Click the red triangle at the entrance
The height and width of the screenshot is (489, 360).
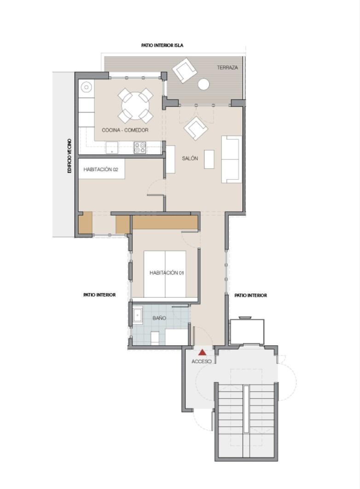pos(203,352)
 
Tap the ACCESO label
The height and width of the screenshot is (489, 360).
pos(202,362)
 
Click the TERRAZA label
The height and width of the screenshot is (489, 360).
pos(227,67)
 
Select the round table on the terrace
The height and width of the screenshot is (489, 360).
pos(204,84)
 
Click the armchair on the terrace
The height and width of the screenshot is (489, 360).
pos(185,71)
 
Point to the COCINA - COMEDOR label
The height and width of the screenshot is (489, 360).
pos(125,130)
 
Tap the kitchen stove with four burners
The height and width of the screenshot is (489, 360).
pos(140,148)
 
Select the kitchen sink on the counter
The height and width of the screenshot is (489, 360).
pos(111,148)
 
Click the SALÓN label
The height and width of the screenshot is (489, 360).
pos(190,158)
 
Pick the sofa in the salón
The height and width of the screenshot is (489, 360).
pos(232,159)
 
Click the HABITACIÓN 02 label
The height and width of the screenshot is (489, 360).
pos(101,169)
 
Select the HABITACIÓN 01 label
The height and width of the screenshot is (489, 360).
pos(167,273)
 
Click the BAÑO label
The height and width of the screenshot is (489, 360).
pos(159,318)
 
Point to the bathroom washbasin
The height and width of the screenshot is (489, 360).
pos(138,316)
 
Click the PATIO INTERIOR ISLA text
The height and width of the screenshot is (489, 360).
pos(162,45)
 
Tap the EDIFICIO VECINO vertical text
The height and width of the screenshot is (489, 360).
pos(70,156)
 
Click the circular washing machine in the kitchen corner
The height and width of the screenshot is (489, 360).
pos(86,87)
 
